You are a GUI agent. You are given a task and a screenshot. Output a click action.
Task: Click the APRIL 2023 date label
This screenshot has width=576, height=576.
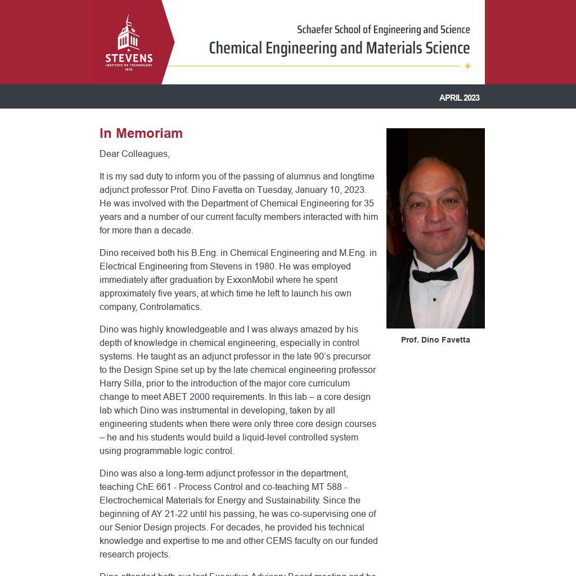459,98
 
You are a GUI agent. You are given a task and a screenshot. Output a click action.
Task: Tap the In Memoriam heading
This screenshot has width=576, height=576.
141,133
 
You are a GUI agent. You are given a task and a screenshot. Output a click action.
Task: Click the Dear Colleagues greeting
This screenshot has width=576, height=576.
134,154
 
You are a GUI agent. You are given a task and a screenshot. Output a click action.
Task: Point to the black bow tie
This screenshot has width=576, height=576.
435,274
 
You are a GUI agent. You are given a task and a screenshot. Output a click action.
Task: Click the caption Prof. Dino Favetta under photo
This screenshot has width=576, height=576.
435,340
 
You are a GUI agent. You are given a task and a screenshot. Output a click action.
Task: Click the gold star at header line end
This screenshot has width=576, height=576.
467,66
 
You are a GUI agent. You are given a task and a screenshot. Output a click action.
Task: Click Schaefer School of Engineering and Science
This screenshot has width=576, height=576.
383,30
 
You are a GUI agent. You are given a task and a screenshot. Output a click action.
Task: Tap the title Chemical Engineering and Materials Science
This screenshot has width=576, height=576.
339,48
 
